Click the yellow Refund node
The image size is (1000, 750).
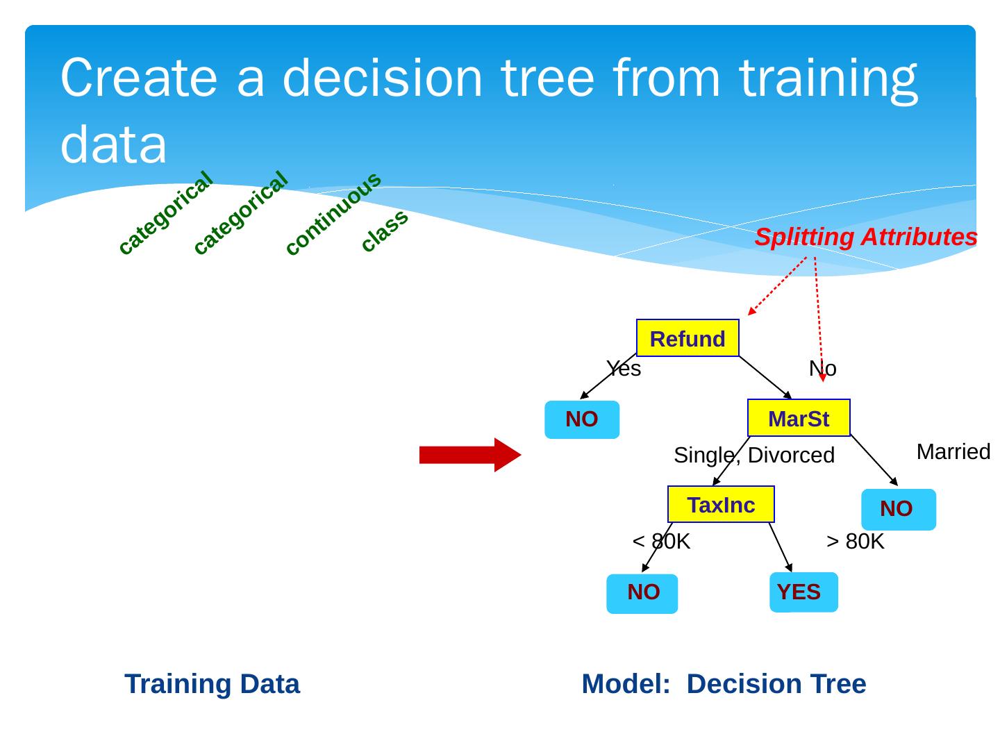coord(687,338)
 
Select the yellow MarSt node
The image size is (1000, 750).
coord(799,418)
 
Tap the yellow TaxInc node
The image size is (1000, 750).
coord(721,504)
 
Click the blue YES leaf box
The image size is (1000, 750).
coord(803,592)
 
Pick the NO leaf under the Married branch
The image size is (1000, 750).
coord(898,509)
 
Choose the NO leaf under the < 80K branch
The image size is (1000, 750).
coord(642,593)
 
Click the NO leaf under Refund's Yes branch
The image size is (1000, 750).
coord(582,419)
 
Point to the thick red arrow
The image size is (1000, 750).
coord(470,455)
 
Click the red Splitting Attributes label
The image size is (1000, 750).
coord(865,237)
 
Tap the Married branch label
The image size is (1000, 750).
coord(953,452)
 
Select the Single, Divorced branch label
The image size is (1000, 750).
coord(754,456)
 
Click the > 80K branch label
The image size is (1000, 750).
coord(856,542)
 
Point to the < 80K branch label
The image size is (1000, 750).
coord(661,542)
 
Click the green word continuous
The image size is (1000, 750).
coord(333,213)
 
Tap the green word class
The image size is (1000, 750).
coord(385,230)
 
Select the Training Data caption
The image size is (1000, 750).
coord(212,684)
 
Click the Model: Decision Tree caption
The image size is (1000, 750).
coord(724,684)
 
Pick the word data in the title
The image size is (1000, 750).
coord(114,144)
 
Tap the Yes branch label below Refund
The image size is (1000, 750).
coord(624,369)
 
